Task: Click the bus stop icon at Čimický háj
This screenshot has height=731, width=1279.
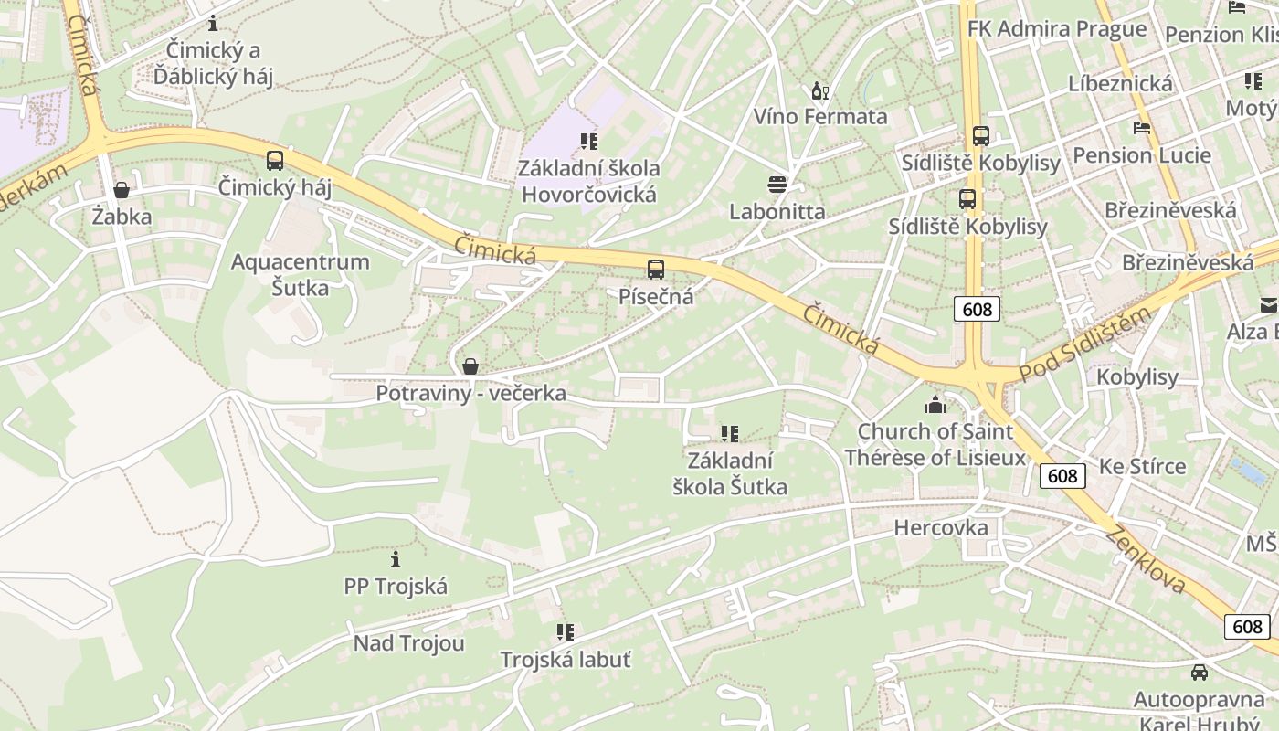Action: pos(274,161)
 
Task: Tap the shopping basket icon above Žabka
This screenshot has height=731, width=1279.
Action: pos(121,190)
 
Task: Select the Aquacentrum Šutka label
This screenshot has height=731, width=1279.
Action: pos(300,274)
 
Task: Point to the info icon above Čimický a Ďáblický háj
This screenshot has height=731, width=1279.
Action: pos(213,23)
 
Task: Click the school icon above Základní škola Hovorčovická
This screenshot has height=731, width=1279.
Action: pos(588,142)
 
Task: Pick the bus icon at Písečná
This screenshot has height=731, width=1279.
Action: pos(655,270)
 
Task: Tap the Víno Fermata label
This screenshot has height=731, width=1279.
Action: pos(819,116)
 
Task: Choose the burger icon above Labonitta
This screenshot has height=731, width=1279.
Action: pos(777,185)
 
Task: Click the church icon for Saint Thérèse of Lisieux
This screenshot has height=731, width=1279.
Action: pos(935,405)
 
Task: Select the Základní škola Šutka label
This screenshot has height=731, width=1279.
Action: pos(729,473)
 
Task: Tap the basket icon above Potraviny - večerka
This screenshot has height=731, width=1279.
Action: pos(470,367)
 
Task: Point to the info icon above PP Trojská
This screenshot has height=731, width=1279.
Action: pos(396,559)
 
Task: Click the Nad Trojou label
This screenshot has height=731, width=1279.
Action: pos(408,643)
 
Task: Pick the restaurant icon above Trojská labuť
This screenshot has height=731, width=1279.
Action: pos(565,631)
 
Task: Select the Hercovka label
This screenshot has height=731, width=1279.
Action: pos(940,527)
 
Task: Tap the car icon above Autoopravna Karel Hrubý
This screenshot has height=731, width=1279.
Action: pos(1199,673)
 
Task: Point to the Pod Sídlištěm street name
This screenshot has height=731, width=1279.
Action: pos(1084,344)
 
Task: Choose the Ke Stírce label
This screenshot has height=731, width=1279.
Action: pos(1142,466)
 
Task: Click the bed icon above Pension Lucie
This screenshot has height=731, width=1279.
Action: pos(1141,128)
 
